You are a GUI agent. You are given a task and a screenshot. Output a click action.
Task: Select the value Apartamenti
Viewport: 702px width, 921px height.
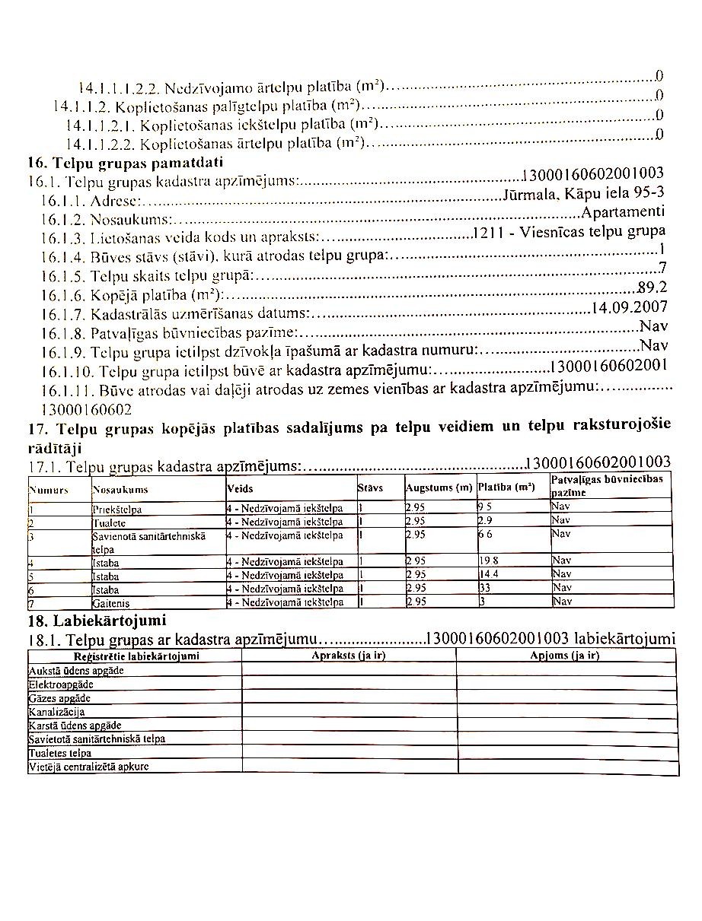tap(623, 211)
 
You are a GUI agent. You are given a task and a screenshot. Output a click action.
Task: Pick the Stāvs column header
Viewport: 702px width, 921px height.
tap(370, 487)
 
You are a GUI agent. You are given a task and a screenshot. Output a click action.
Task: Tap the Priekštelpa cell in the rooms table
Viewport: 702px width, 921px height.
tap(117, 509)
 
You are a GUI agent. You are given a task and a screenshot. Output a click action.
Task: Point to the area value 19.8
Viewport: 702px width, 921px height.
tap(488, 561)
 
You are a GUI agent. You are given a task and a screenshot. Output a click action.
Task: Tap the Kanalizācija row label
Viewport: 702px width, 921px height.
tap(56, 712)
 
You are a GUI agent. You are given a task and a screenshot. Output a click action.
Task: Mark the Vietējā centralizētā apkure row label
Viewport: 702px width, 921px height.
tap(88, 767)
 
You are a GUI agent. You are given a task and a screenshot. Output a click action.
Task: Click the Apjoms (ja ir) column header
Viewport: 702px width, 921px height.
tap(565, 656)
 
